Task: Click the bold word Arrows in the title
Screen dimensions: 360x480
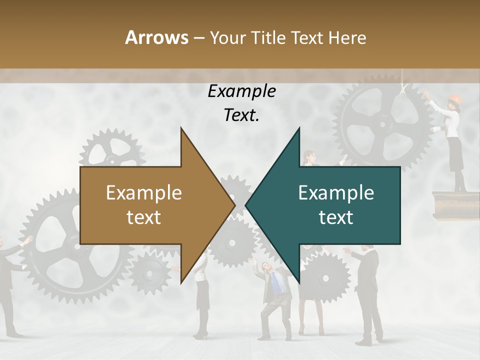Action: pos(156,37)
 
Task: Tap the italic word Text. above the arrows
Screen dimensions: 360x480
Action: pos(241,115)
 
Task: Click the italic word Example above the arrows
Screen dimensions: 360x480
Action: pos(241,91)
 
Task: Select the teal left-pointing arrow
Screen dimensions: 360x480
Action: pos(335,205)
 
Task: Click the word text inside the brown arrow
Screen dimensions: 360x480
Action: pos(143,217)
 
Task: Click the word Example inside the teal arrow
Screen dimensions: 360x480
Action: pos(336,193)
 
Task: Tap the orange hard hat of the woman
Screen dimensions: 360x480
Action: pos(454,98)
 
